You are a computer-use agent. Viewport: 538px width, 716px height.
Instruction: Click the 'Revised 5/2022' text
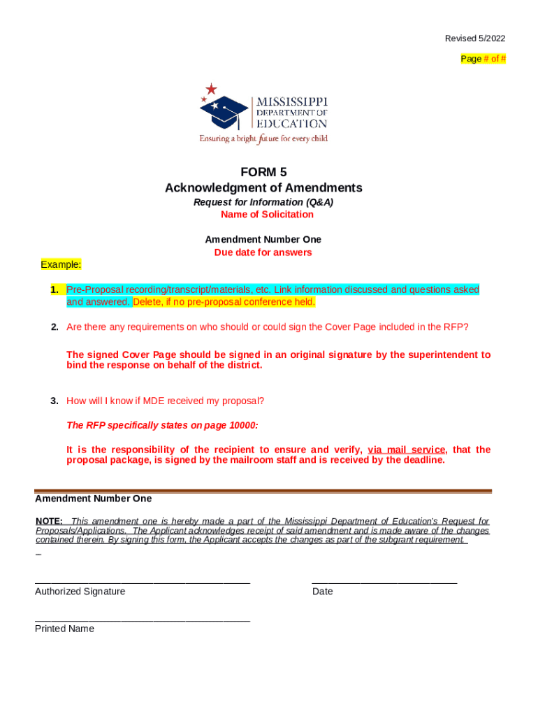475,38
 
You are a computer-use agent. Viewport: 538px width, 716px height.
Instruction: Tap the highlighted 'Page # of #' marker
483,59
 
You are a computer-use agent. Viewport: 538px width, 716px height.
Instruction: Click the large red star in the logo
211,89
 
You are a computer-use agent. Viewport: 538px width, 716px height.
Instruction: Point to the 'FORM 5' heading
263,172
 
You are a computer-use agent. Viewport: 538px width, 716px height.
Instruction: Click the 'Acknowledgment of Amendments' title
263,187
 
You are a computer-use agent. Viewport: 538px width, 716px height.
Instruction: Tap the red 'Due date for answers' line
263,252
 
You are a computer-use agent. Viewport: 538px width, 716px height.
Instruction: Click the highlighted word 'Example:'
61,264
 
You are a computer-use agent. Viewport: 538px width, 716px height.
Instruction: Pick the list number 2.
54,327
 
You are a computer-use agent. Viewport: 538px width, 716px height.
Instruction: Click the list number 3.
54,401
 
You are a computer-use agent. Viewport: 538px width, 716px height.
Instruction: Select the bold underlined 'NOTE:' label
49,521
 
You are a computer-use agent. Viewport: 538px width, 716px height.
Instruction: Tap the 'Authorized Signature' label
80,592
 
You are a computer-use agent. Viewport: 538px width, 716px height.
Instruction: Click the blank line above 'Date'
384,582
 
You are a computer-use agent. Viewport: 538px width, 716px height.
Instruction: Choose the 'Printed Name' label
64,629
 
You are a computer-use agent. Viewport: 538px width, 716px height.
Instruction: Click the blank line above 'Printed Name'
143,620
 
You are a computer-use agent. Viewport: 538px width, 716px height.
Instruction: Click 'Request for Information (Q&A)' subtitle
263,202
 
